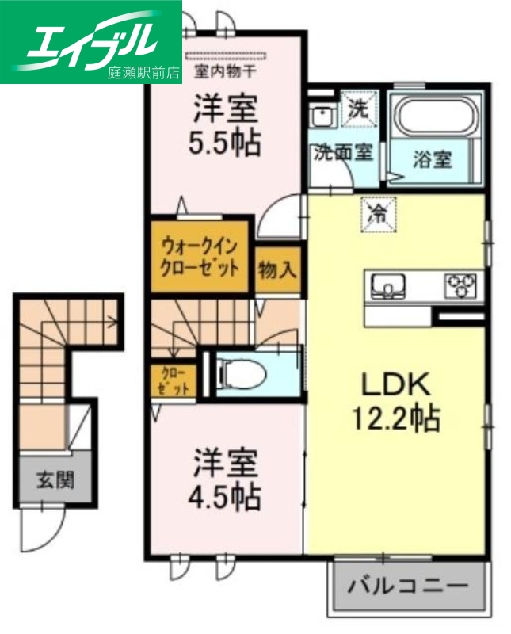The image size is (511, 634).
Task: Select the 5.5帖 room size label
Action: click(x=224, y=143)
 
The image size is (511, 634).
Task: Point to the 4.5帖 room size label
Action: click(x=224, y=498)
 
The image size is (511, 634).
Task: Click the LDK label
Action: click(x=395, y=386)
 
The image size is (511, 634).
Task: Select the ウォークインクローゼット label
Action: click(x=200, y=255)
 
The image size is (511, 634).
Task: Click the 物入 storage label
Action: click(x=277, y=270)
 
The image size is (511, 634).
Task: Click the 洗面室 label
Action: click(x=342, y=152)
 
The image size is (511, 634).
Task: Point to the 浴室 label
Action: click(x=433, y=159)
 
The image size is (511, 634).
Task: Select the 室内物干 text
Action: click(x=228, y=70)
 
